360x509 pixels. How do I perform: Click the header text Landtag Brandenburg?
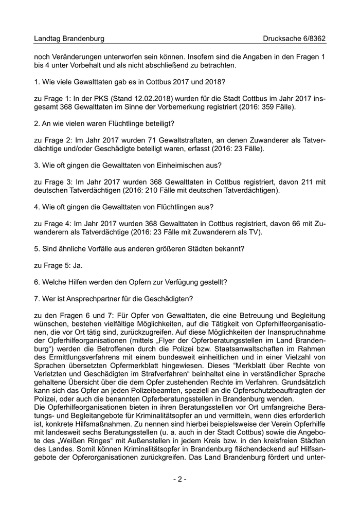click(69, 39)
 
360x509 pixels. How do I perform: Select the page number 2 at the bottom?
click(179, 479)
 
